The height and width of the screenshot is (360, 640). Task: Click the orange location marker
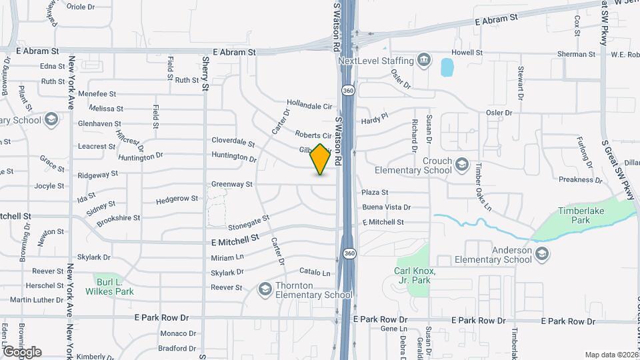click(321, 159)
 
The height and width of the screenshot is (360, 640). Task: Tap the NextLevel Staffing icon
click(423, 61)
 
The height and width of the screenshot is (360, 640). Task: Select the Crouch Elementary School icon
click(461, 163)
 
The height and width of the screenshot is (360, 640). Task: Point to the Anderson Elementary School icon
click(541, 254)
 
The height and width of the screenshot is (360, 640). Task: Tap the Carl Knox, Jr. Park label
click(414, 275)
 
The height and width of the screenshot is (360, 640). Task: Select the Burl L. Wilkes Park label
click(110, 287)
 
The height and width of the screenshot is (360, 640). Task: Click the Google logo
click(22, 351)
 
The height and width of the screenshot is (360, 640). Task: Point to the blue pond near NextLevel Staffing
click(447, 67)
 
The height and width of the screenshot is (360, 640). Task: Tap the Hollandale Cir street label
click(309, 105)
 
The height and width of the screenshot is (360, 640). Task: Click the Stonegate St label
click(248, 218)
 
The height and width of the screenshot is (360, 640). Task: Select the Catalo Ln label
click(315, 273)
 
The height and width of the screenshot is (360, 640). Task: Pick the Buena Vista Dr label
click(386, 207)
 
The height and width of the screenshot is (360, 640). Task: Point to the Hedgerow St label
click(177, 199)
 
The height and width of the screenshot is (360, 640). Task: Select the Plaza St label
click(375, 193)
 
